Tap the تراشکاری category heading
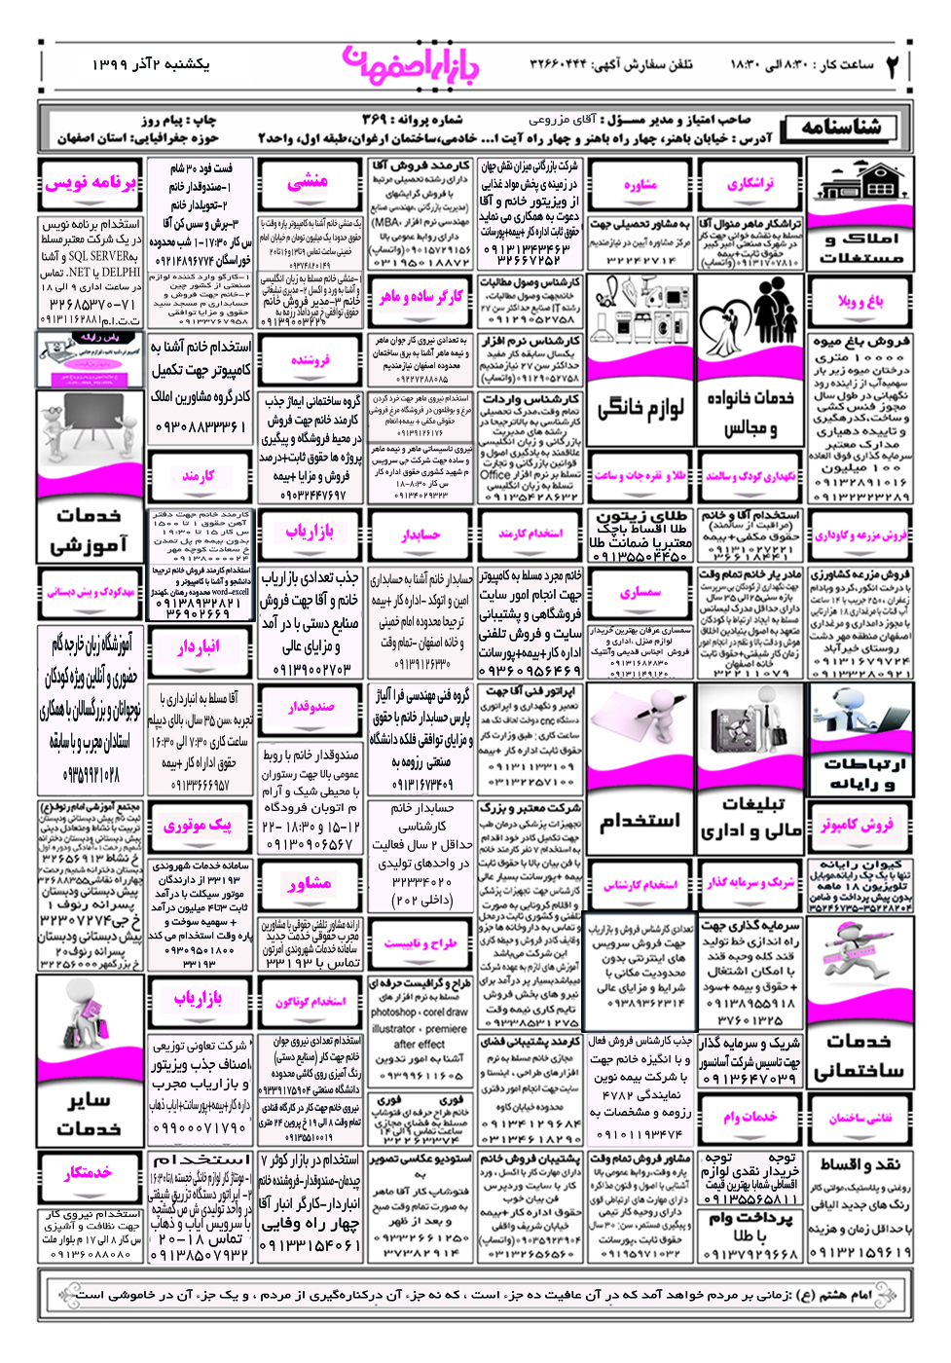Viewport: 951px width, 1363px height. coord(750,183)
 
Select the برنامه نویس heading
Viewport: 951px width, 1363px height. coord(90,182)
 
